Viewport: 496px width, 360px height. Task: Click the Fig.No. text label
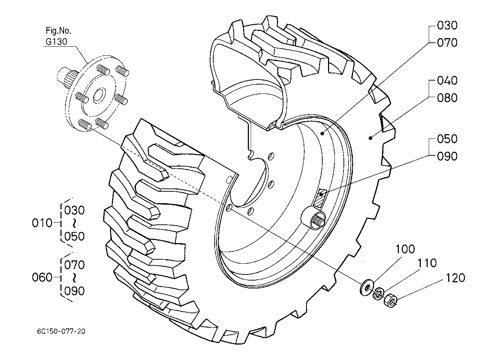tap(59, 31)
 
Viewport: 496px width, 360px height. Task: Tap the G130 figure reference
tap(56, 41)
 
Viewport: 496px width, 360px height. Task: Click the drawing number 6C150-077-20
tap(61, 331)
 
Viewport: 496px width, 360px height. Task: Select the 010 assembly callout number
tap(42, 223)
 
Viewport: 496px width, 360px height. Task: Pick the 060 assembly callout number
tap(42, 277)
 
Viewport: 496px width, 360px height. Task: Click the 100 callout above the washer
tap(405, 249)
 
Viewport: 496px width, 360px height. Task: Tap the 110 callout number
tap(427, 263)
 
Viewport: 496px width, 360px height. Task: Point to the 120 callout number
tap(455, 278)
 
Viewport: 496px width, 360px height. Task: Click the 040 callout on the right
tap(447, 80)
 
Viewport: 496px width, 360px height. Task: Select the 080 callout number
tap(447, 98)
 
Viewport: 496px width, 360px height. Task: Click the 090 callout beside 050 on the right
tap(447, 156)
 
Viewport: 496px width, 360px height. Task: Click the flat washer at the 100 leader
tap(367, 288)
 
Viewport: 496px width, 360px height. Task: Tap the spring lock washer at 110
tap(378, 293)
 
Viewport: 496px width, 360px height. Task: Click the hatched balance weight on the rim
tap(320, 198)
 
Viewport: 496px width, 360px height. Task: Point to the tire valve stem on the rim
tap(313, 218)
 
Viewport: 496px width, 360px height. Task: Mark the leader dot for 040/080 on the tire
tap(370, 138)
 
